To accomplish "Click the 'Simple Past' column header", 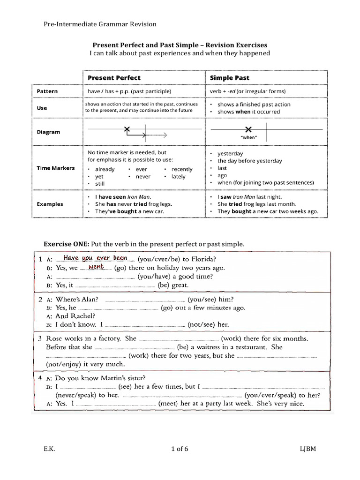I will coord(229,77).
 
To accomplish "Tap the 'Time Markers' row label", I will coord(55,168).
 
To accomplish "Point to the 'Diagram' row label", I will coord(48,132).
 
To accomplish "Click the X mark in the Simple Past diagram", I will coord(248,129).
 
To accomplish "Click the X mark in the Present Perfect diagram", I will coord(126,129).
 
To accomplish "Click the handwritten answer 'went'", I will coord(96,266).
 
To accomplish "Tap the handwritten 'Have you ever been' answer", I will coord(95,258).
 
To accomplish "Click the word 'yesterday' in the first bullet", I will coord(230,153).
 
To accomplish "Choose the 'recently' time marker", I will coord(182,169).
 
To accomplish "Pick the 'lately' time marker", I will coord(179,177).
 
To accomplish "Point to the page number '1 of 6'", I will coord(180,449).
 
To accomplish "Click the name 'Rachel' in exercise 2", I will coord(83,316).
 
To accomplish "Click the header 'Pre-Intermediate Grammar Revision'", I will coord(100,24).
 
